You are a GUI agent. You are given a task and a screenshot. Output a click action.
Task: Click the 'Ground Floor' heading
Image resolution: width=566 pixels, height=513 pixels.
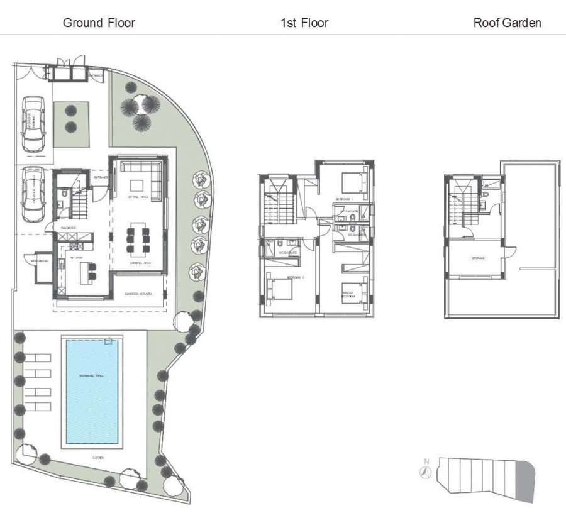pyautogui.click(x=99, y=23)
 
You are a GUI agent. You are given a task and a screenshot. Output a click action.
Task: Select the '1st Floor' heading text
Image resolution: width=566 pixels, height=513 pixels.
pyautogui.click(x=304, y=23)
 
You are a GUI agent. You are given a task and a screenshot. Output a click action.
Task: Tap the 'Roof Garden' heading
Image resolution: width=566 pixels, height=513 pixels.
pyautogui.click(x=507, y=23)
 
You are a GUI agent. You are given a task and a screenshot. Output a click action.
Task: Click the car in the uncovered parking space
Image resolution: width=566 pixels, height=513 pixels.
pyautogui.click(x=33, y=124)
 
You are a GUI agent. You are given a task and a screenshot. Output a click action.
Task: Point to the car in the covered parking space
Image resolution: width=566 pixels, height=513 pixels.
pyautogui.click(x=33, y=194)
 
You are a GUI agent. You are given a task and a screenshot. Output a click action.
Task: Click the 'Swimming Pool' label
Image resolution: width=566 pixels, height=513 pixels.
pyautogui.click(x=91, y=375)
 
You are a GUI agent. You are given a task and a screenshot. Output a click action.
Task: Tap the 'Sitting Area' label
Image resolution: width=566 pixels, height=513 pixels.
pyautogui.click(x=138, y=197)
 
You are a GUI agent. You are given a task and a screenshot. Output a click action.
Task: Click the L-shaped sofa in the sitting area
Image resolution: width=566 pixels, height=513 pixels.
pyautogui.click(x=143, y=168)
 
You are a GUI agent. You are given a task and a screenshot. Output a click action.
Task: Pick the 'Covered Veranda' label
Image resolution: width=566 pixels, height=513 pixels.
pyautogui.click(x=139, y=294)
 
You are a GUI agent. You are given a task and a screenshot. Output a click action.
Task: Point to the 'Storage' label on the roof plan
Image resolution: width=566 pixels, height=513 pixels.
pyautogui.click(x=478, y=258)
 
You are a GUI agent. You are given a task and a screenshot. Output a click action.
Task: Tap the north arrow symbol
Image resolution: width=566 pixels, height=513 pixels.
pyautogui.click(x=426, y=470)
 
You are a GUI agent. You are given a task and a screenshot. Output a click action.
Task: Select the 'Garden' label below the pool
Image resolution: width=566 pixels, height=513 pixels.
pyautogui.click(x=97, y=458)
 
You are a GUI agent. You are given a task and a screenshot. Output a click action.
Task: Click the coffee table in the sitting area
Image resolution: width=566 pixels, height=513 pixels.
pyautogui.click(x=138, y=184)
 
